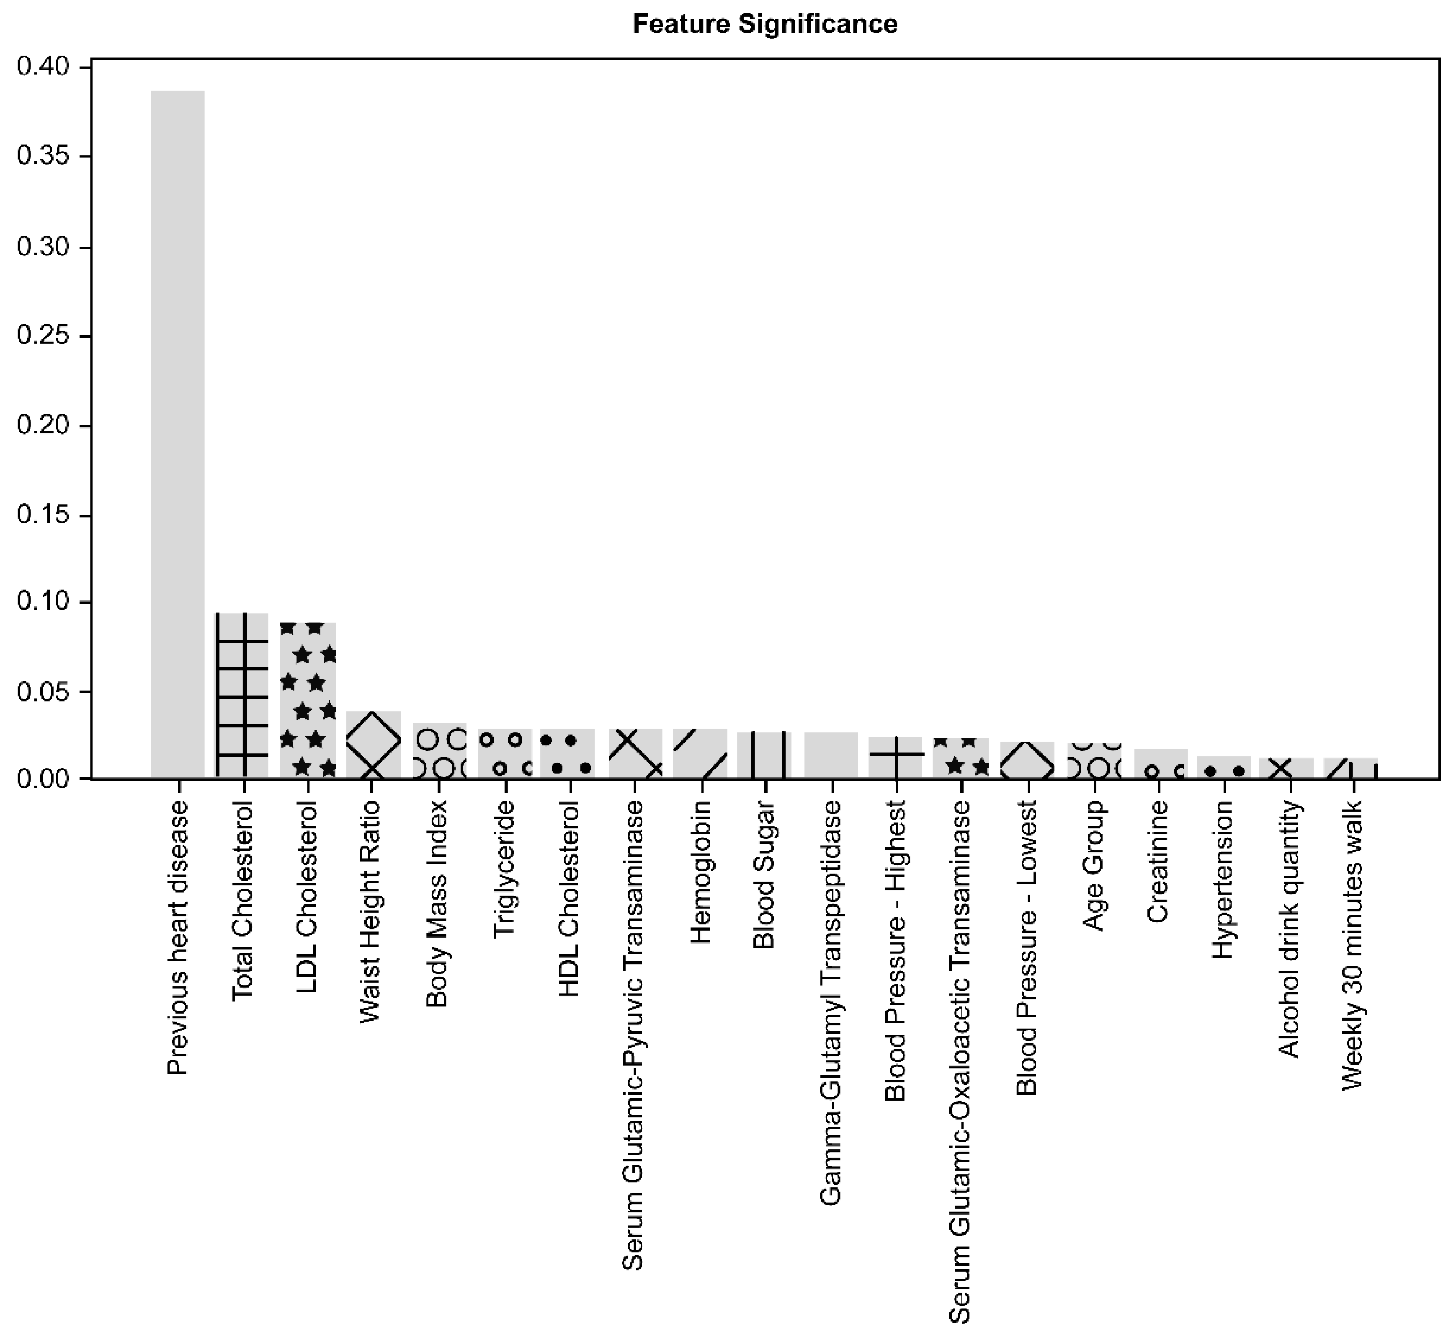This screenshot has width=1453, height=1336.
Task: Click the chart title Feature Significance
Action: pos(764,24)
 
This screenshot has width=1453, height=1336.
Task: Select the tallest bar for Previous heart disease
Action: pos(177,434)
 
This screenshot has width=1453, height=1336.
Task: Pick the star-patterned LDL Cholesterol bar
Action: pos(307,700)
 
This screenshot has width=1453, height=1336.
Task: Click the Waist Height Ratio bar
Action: pos(373,745)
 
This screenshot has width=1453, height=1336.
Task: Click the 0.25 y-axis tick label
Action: pos(44,336)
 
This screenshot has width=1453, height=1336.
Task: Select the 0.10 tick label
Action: pos(44,602)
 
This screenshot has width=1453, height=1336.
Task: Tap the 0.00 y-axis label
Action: pos(44,779)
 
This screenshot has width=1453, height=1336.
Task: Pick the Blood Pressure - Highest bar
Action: pos(895,758)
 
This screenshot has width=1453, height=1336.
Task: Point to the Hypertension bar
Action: pos(1224,767)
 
